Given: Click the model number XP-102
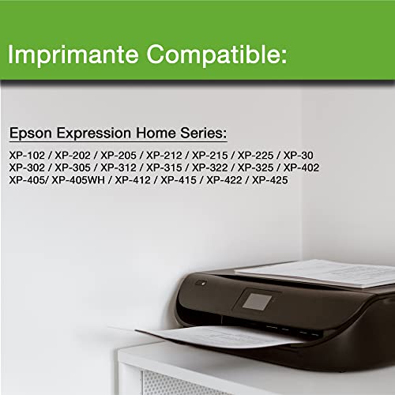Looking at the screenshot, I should (x=27, y=156).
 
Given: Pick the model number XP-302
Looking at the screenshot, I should (x=27, y=167).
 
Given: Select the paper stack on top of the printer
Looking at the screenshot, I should (x=324, y=273).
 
